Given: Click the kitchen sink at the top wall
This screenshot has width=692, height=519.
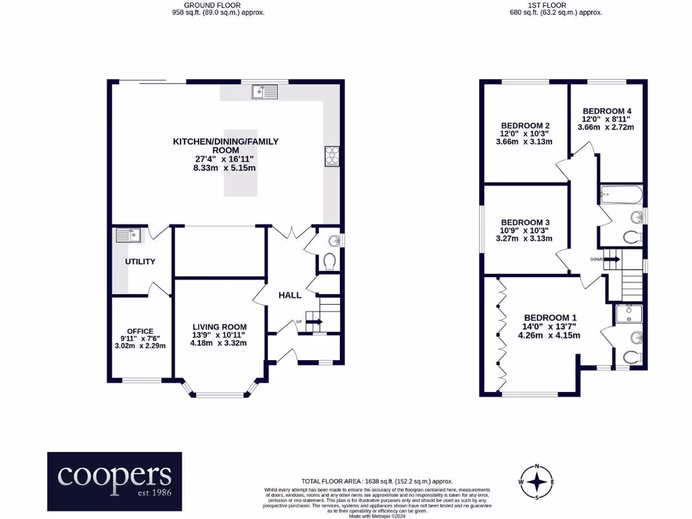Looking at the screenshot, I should point(265,91).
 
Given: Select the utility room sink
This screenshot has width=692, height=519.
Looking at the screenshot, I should point(128,235).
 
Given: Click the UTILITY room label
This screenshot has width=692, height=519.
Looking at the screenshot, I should point(140,262).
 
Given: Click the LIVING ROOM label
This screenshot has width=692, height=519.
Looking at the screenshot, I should point(218,327).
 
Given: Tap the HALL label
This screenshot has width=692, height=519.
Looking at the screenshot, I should point(290,295).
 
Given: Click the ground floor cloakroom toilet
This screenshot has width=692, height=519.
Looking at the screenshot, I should point(328,261).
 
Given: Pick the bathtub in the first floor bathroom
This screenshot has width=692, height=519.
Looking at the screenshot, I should point(620,196).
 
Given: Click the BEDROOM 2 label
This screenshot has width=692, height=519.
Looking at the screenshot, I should point(524,126).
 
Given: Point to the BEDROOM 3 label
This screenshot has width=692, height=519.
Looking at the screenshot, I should point(524,222).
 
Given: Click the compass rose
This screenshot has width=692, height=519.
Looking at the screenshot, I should point(537,482).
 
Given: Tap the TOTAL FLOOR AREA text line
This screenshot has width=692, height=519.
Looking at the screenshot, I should point(377,480).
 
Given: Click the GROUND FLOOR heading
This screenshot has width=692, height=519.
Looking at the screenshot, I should point(219,5).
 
